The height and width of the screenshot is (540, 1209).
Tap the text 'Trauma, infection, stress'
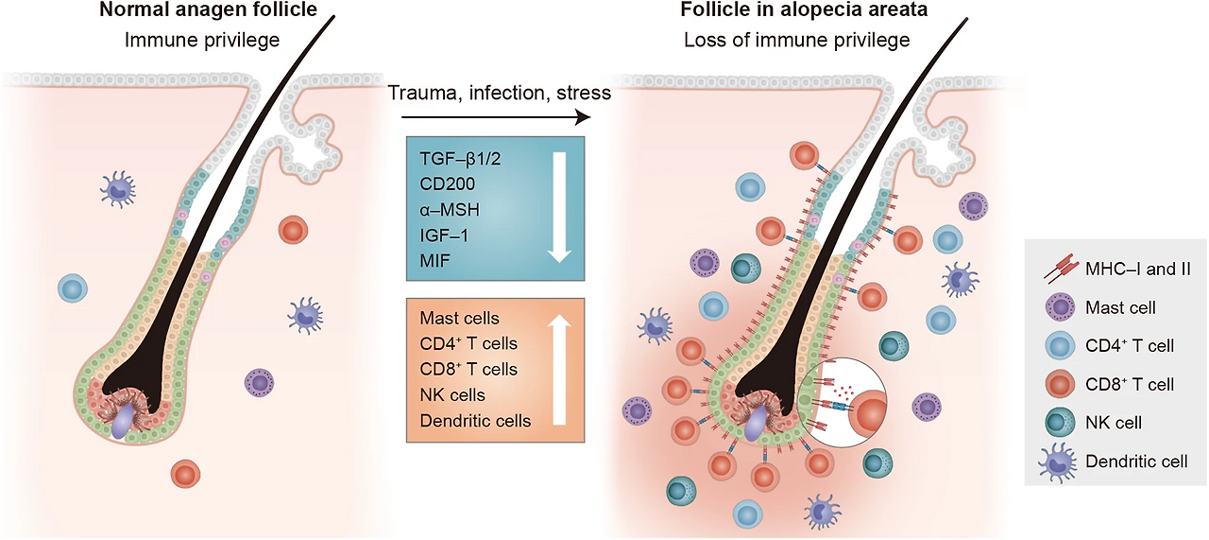point(500,93)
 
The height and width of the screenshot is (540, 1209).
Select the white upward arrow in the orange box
point(561,370)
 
